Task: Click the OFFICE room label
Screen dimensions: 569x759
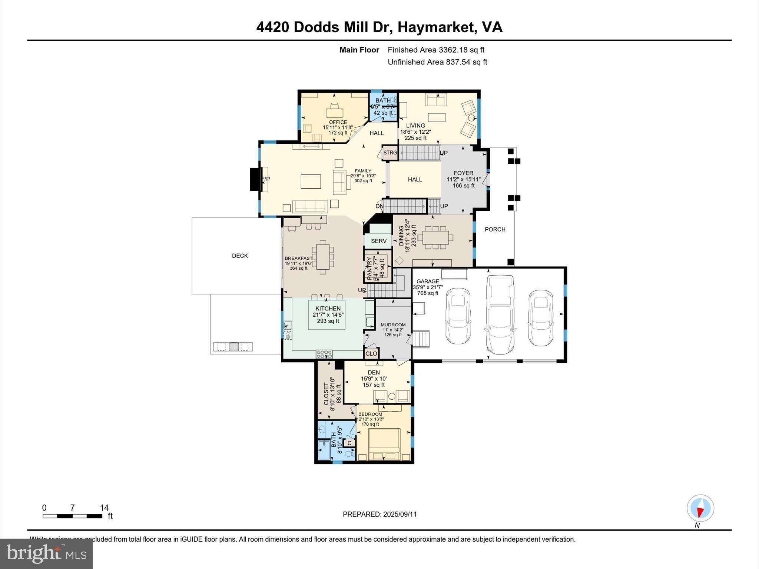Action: tap(338, 122)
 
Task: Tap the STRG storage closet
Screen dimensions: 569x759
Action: tap(390, 153)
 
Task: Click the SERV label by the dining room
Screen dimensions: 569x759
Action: tap(378, 241)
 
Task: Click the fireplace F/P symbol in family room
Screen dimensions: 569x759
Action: tap(265, 179)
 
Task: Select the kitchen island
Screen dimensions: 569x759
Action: tap(327, 315)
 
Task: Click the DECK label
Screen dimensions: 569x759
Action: tap(240, 256)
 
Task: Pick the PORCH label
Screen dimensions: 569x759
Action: tap(495, 229)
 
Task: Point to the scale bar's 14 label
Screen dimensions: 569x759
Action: tap(104, 508)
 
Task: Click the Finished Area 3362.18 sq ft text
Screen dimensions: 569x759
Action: tap(436, 50)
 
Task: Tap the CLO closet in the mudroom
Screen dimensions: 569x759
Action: tap(371, 353)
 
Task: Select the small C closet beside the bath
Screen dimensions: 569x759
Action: tap(349, 443)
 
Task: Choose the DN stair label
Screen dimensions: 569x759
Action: tap(379, 206)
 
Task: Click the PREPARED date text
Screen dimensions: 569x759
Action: tap(379, 514)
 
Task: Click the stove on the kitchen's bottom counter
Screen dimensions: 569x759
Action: tap(324, 354)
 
